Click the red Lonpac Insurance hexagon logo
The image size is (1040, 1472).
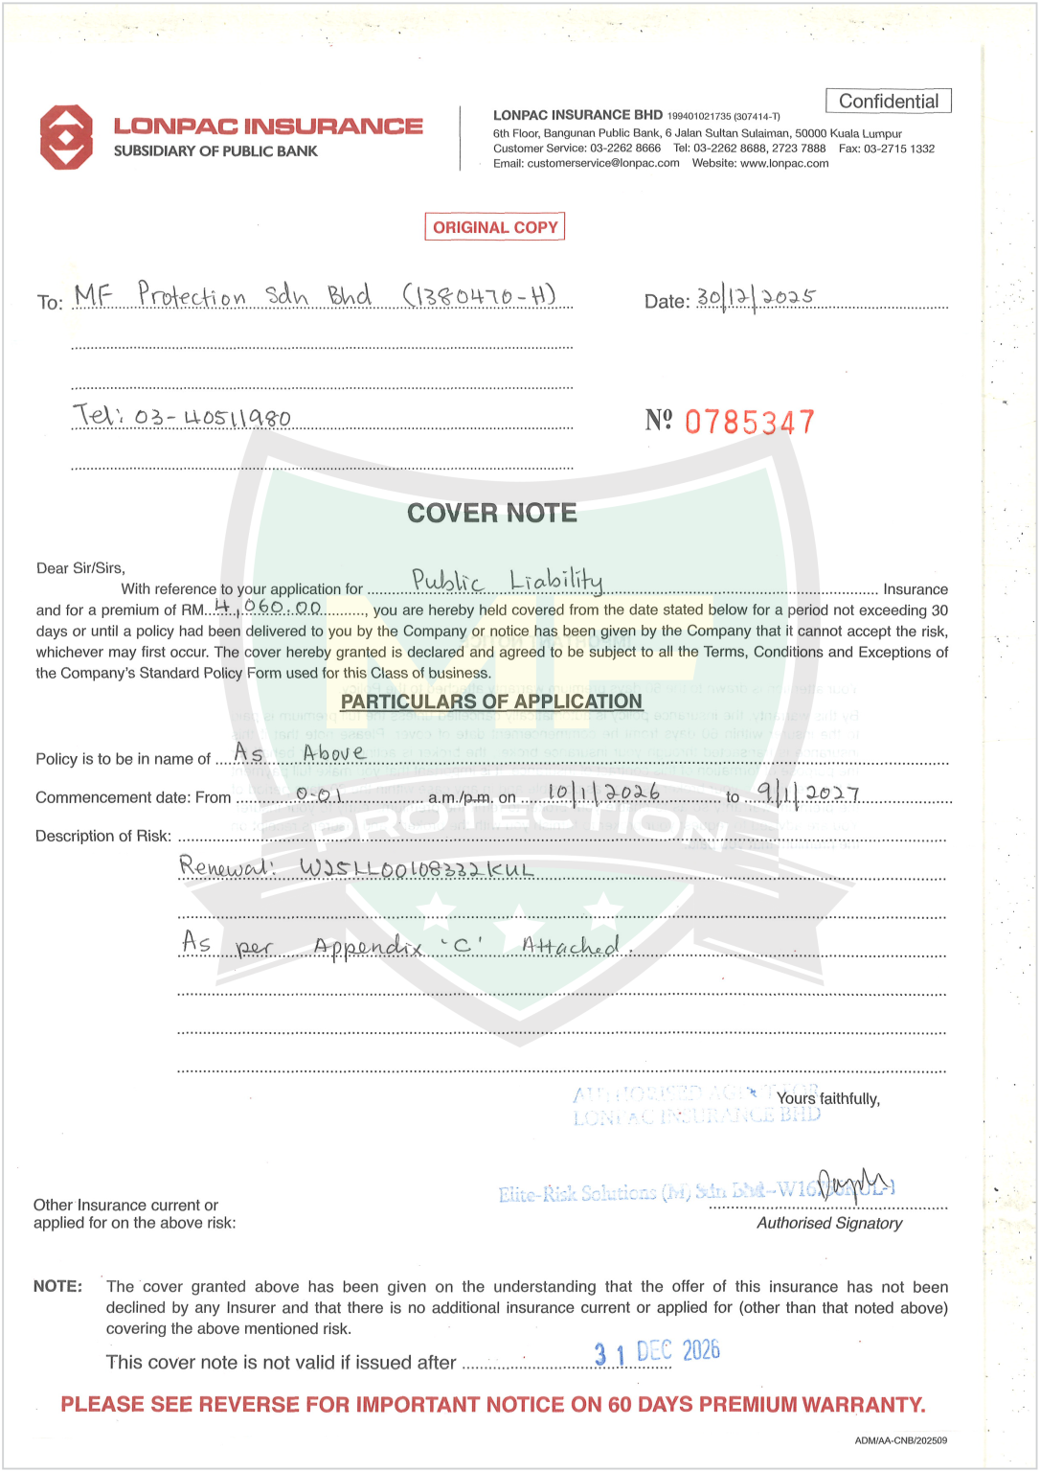click(66, 137)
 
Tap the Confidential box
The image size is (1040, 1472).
click(888, 102)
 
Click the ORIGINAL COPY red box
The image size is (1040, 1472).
click(495, 227)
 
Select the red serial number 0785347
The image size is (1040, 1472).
click(749, 422)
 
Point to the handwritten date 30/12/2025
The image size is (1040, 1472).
click(756, 297)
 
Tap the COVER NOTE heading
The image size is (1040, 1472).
click(492, 514)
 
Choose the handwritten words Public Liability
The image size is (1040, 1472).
click(508, 580)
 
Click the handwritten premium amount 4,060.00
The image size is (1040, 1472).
click(269, 607)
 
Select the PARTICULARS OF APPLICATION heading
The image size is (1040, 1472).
click(491, 701)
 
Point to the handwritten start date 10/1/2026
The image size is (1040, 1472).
click(603, 793)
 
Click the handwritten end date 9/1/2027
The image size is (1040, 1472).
click(808, 793)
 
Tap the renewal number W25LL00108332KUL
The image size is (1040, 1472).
click(356, 868)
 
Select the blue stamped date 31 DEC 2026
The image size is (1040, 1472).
click(657, 1352)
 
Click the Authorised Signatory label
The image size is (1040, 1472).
click(829, 1223)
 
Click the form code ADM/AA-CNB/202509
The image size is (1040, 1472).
click(900, 1440)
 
